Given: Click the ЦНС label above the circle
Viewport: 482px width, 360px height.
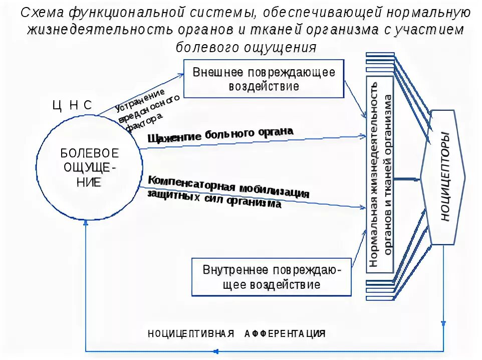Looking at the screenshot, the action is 73,106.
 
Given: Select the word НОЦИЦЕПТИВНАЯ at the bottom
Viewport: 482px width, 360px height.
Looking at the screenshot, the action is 191,334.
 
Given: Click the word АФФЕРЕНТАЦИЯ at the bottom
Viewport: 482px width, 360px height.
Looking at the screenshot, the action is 285,334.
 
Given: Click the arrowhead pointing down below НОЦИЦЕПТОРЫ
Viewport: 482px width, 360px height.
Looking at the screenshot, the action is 444,323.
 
